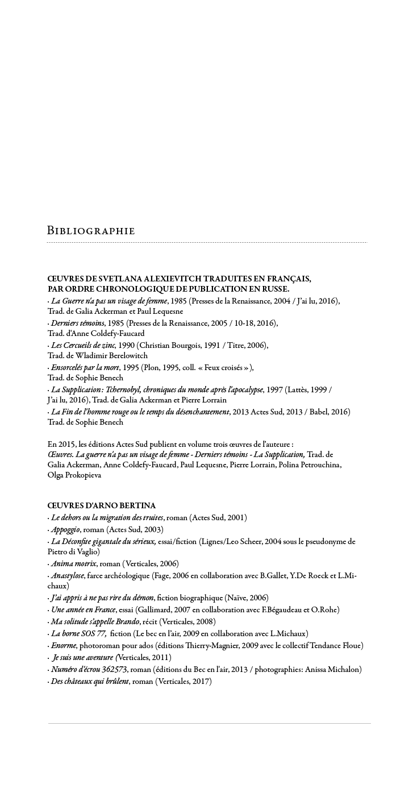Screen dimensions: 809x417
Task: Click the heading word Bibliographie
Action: [91, 231]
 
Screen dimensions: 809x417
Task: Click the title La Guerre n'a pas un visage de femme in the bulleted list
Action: [109, 301]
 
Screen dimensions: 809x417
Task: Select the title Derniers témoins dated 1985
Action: [77, 323]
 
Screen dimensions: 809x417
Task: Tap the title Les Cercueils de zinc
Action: [83, 345]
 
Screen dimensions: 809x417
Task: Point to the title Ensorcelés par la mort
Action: [85, 367]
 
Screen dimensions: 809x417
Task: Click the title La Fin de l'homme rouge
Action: [140, 412]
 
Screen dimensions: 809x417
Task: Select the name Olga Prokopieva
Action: [74, 475]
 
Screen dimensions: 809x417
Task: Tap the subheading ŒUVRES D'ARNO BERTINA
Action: [102, 505]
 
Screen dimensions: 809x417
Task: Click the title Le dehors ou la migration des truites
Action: [107, 517]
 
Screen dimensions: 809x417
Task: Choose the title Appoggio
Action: [65, 529]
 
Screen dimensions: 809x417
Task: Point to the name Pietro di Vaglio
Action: [73, 551]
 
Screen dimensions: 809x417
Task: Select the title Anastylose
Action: [67, 575]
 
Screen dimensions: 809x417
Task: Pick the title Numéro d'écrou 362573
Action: [89, 669]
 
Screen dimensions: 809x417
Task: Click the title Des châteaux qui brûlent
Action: [90, 681]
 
